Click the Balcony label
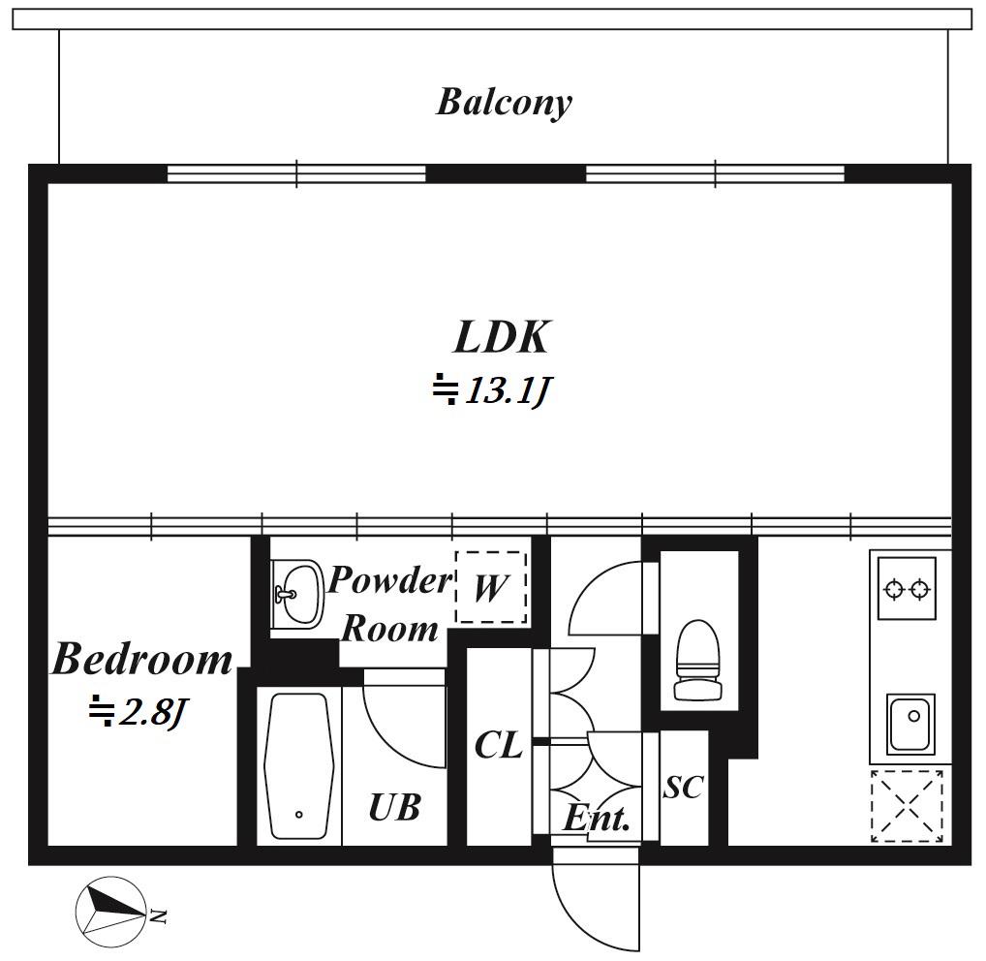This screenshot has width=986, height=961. pyautogui.click(x=504, y=102)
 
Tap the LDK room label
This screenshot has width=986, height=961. pyautogui.click(x=501, y=337)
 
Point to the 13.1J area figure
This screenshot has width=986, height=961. pyautogui.click(x=508, y=390)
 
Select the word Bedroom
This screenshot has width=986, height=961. pyautogui.click(x=142, y=659)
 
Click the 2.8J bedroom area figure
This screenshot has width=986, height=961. pyautogui.click(x=153, y=713)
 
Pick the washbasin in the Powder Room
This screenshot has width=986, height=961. pyautogui.click(x=297, y=594)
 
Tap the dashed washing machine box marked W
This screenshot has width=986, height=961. pyautogui.click(x=491, y=587)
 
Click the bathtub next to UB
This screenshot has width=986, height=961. pyautogui.click(x=298, y=766)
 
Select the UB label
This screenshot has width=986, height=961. pyautogui.click(x=394, y=808)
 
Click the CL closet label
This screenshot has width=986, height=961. pyautogui.click(x=498, y=745)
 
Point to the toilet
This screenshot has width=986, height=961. pyautogui.click(x=697, y=660)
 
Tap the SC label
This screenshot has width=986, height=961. pyautogui.click(x=683, y=787)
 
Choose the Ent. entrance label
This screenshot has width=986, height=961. pyautogui.click(x=596, y=819)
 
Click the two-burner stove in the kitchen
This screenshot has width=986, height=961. pyautogui.click(x=907, y=589)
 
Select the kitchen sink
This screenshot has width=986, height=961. pyautogui.click(x=910, y=724)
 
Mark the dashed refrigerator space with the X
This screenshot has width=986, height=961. pyautogui.click(x=907, y=806)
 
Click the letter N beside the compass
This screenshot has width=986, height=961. pyautogui.click(x=159, y=916)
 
